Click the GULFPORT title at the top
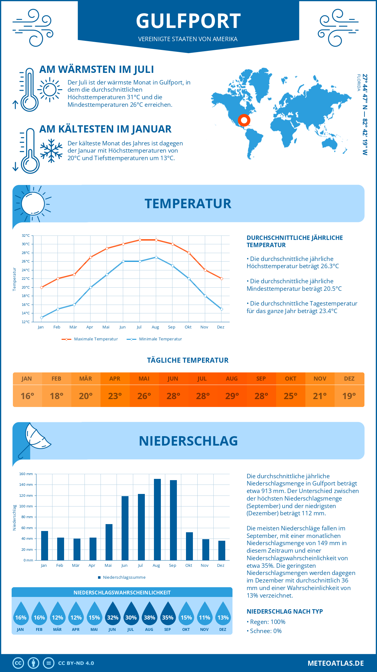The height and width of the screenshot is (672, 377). point(188,21)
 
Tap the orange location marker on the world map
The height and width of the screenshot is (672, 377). point(244,120)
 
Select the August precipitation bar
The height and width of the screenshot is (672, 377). point(157,519)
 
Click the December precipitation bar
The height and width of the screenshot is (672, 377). point(222,550)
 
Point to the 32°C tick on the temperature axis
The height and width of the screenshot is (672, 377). point(26,236)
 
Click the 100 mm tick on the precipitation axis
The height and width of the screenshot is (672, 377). point(26,506)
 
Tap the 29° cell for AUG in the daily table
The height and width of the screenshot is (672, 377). point(232,396)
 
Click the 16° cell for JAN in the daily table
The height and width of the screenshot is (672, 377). point(27,396)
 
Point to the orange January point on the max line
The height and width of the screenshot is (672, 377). point(41,287)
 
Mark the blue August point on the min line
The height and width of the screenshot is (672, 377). point(156,257)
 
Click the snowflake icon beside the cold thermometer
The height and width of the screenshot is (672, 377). point(51,151)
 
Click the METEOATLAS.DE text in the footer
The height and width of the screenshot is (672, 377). point(336,663)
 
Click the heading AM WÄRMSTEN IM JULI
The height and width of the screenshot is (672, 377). point(96,69)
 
